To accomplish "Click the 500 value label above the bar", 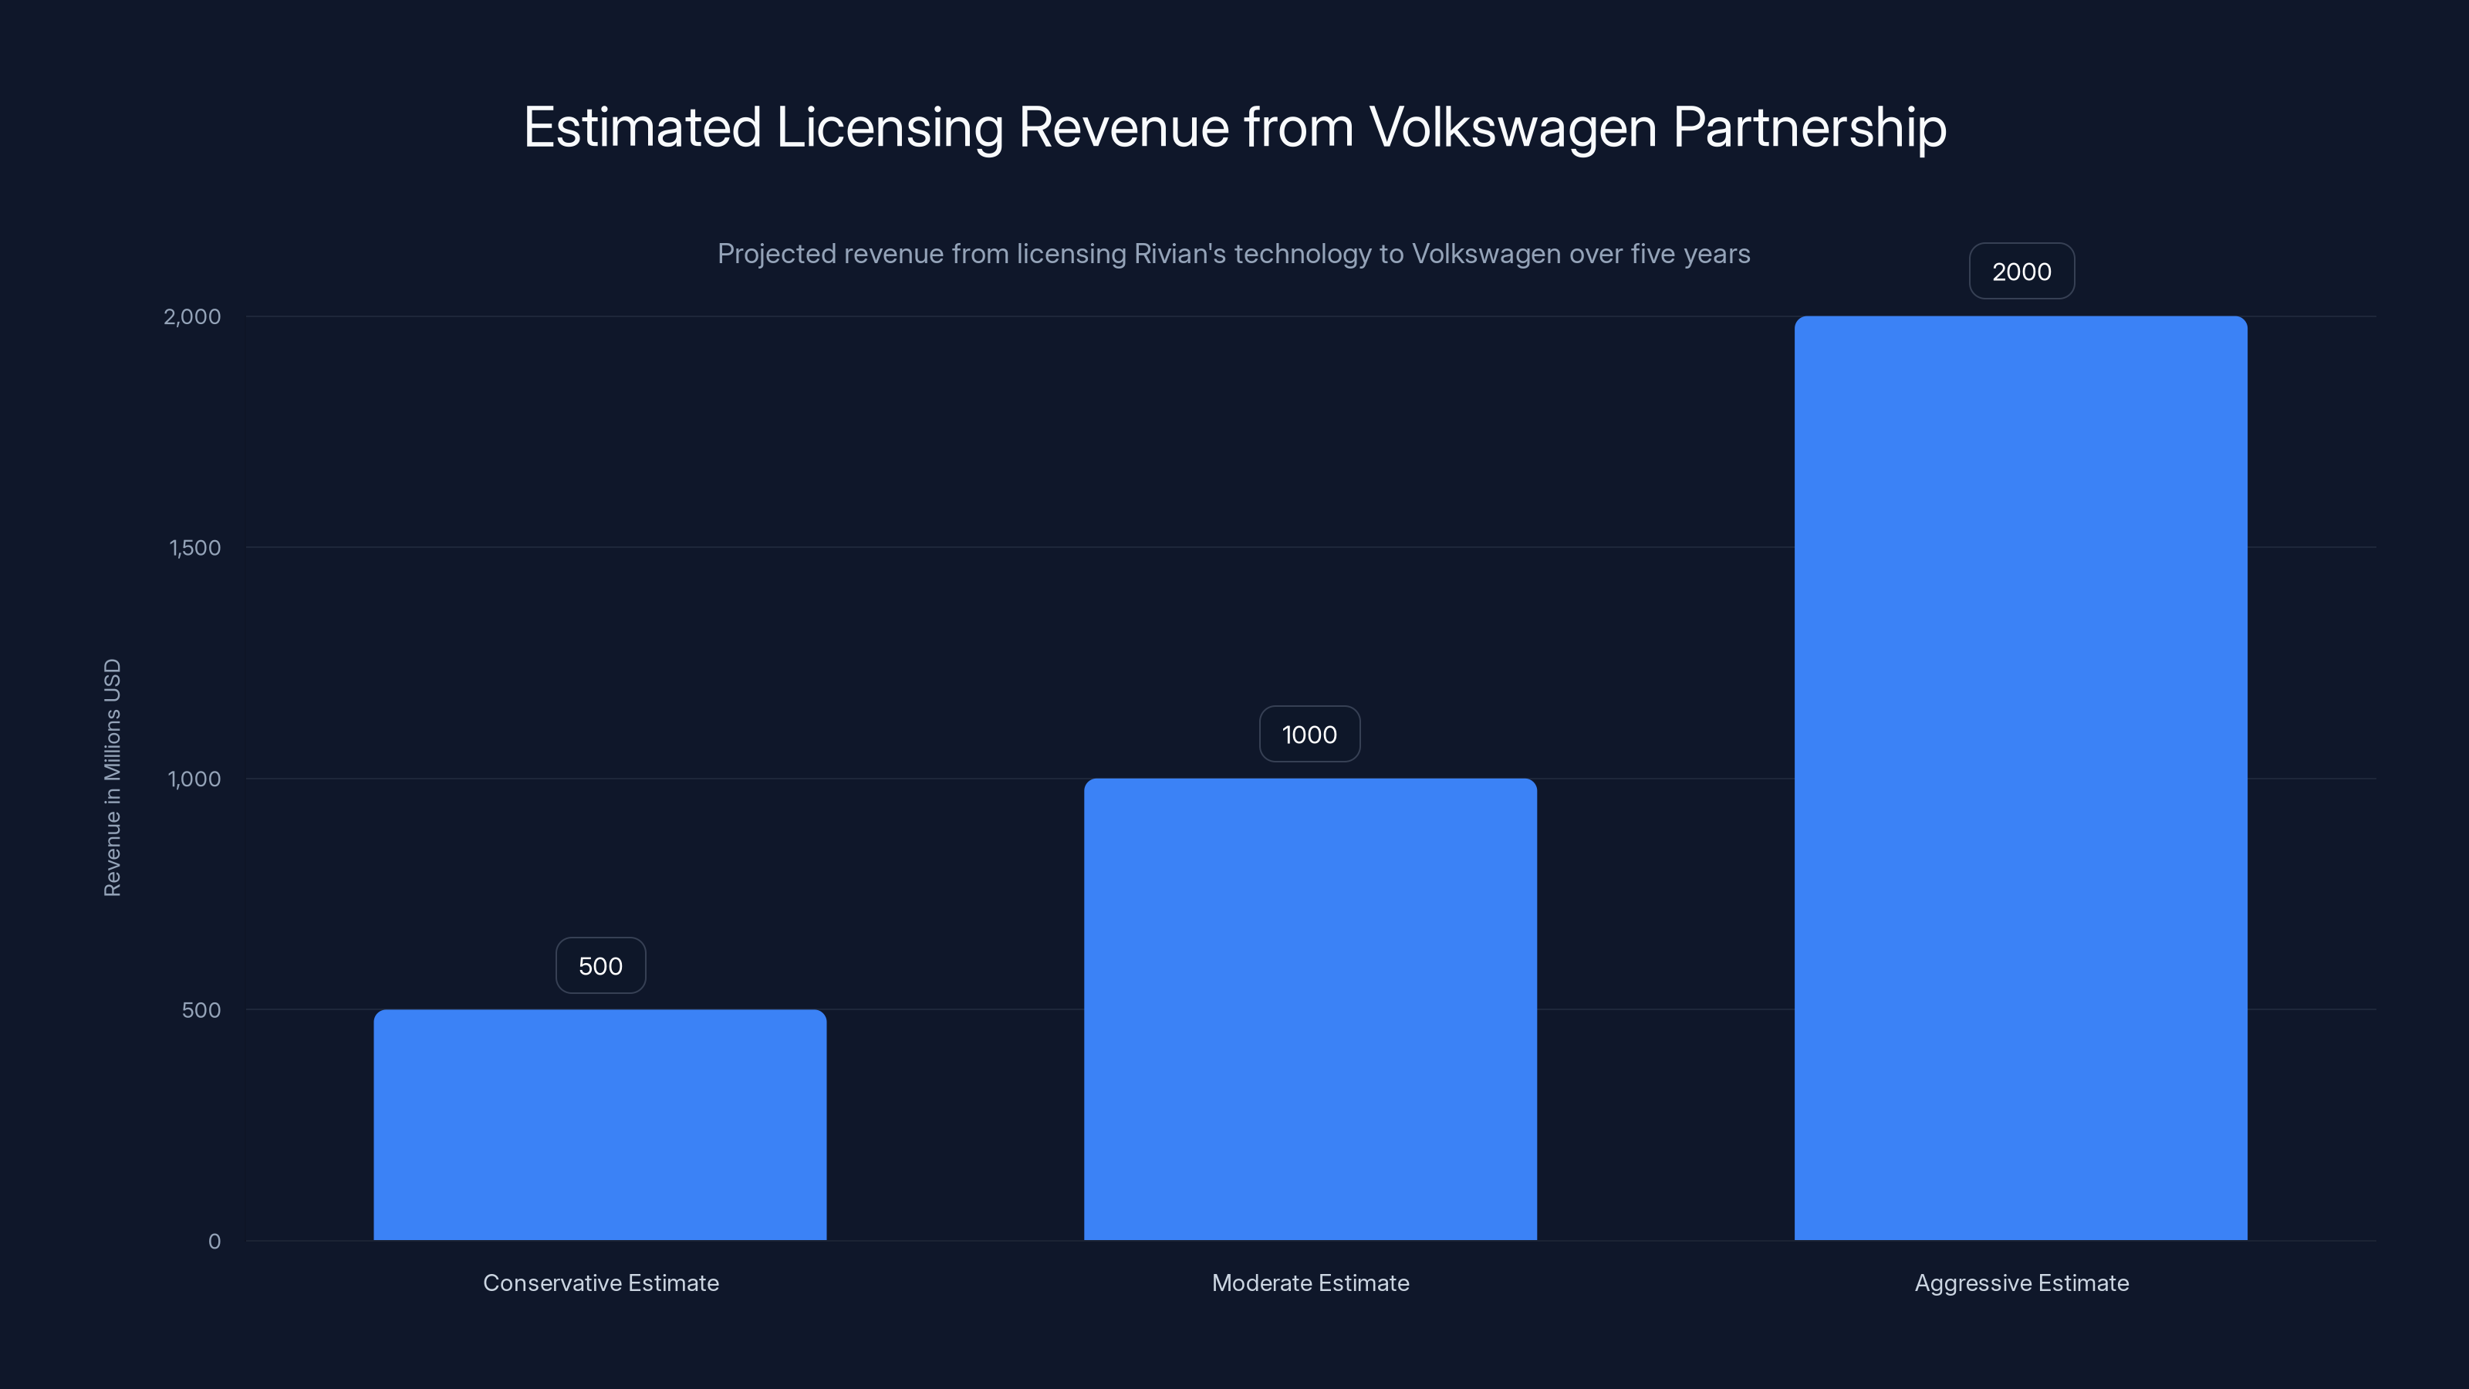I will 600,965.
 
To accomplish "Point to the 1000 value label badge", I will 1309,735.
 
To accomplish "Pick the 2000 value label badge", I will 2021,272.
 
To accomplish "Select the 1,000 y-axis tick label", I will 194,779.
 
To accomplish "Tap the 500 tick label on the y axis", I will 201,1009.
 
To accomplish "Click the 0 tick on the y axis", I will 214,1242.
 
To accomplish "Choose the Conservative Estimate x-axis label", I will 600,1283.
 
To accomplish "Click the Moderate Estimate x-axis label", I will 1310,1283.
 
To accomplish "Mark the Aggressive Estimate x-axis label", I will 2021,1283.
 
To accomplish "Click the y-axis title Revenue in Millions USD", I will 112,777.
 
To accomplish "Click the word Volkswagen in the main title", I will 1512,127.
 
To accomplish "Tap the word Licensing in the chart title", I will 889,127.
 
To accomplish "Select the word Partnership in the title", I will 1809,127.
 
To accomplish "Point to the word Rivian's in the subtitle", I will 1179,254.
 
